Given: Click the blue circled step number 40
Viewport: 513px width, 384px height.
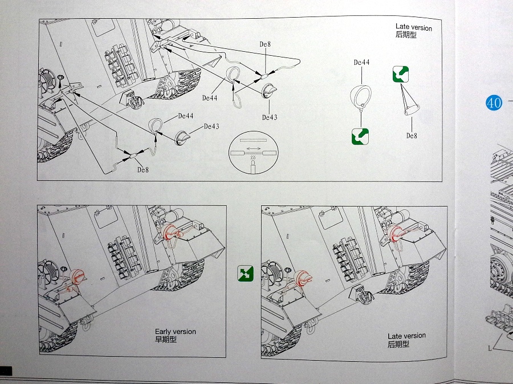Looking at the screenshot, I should (x=494, y=102).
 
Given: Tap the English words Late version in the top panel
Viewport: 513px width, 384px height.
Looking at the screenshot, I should (x=413, y=27).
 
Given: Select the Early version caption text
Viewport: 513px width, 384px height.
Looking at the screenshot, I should (x=175, y=332).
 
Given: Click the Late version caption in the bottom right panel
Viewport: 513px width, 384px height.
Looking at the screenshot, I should (x=406, y=336).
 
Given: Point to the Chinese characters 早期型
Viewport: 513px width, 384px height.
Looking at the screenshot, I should (x=166, y=340).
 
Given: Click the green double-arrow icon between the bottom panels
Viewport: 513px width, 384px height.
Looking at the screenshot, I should (x=245, y=274).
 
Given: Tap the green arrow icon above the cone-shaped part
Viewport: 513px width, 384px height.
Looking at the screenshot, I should (x=401, y=74).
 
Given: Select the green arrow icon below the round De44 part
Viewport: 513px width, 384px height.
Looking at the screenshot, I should (x=360, y=136).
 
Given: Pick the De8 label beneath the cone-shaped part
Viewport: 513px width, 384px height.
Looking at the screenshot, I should (x=412, y=135).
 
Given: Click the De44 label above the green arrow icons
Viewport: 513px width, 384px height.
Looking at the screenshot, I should (x=361, y=63).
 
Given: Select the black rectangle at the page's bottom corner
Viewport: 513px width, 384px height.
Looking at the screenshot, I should (x=6, y=370).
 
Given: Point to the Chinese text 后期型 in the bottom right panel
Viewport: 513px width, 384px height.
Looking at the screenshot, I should (x=398, y=344).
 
